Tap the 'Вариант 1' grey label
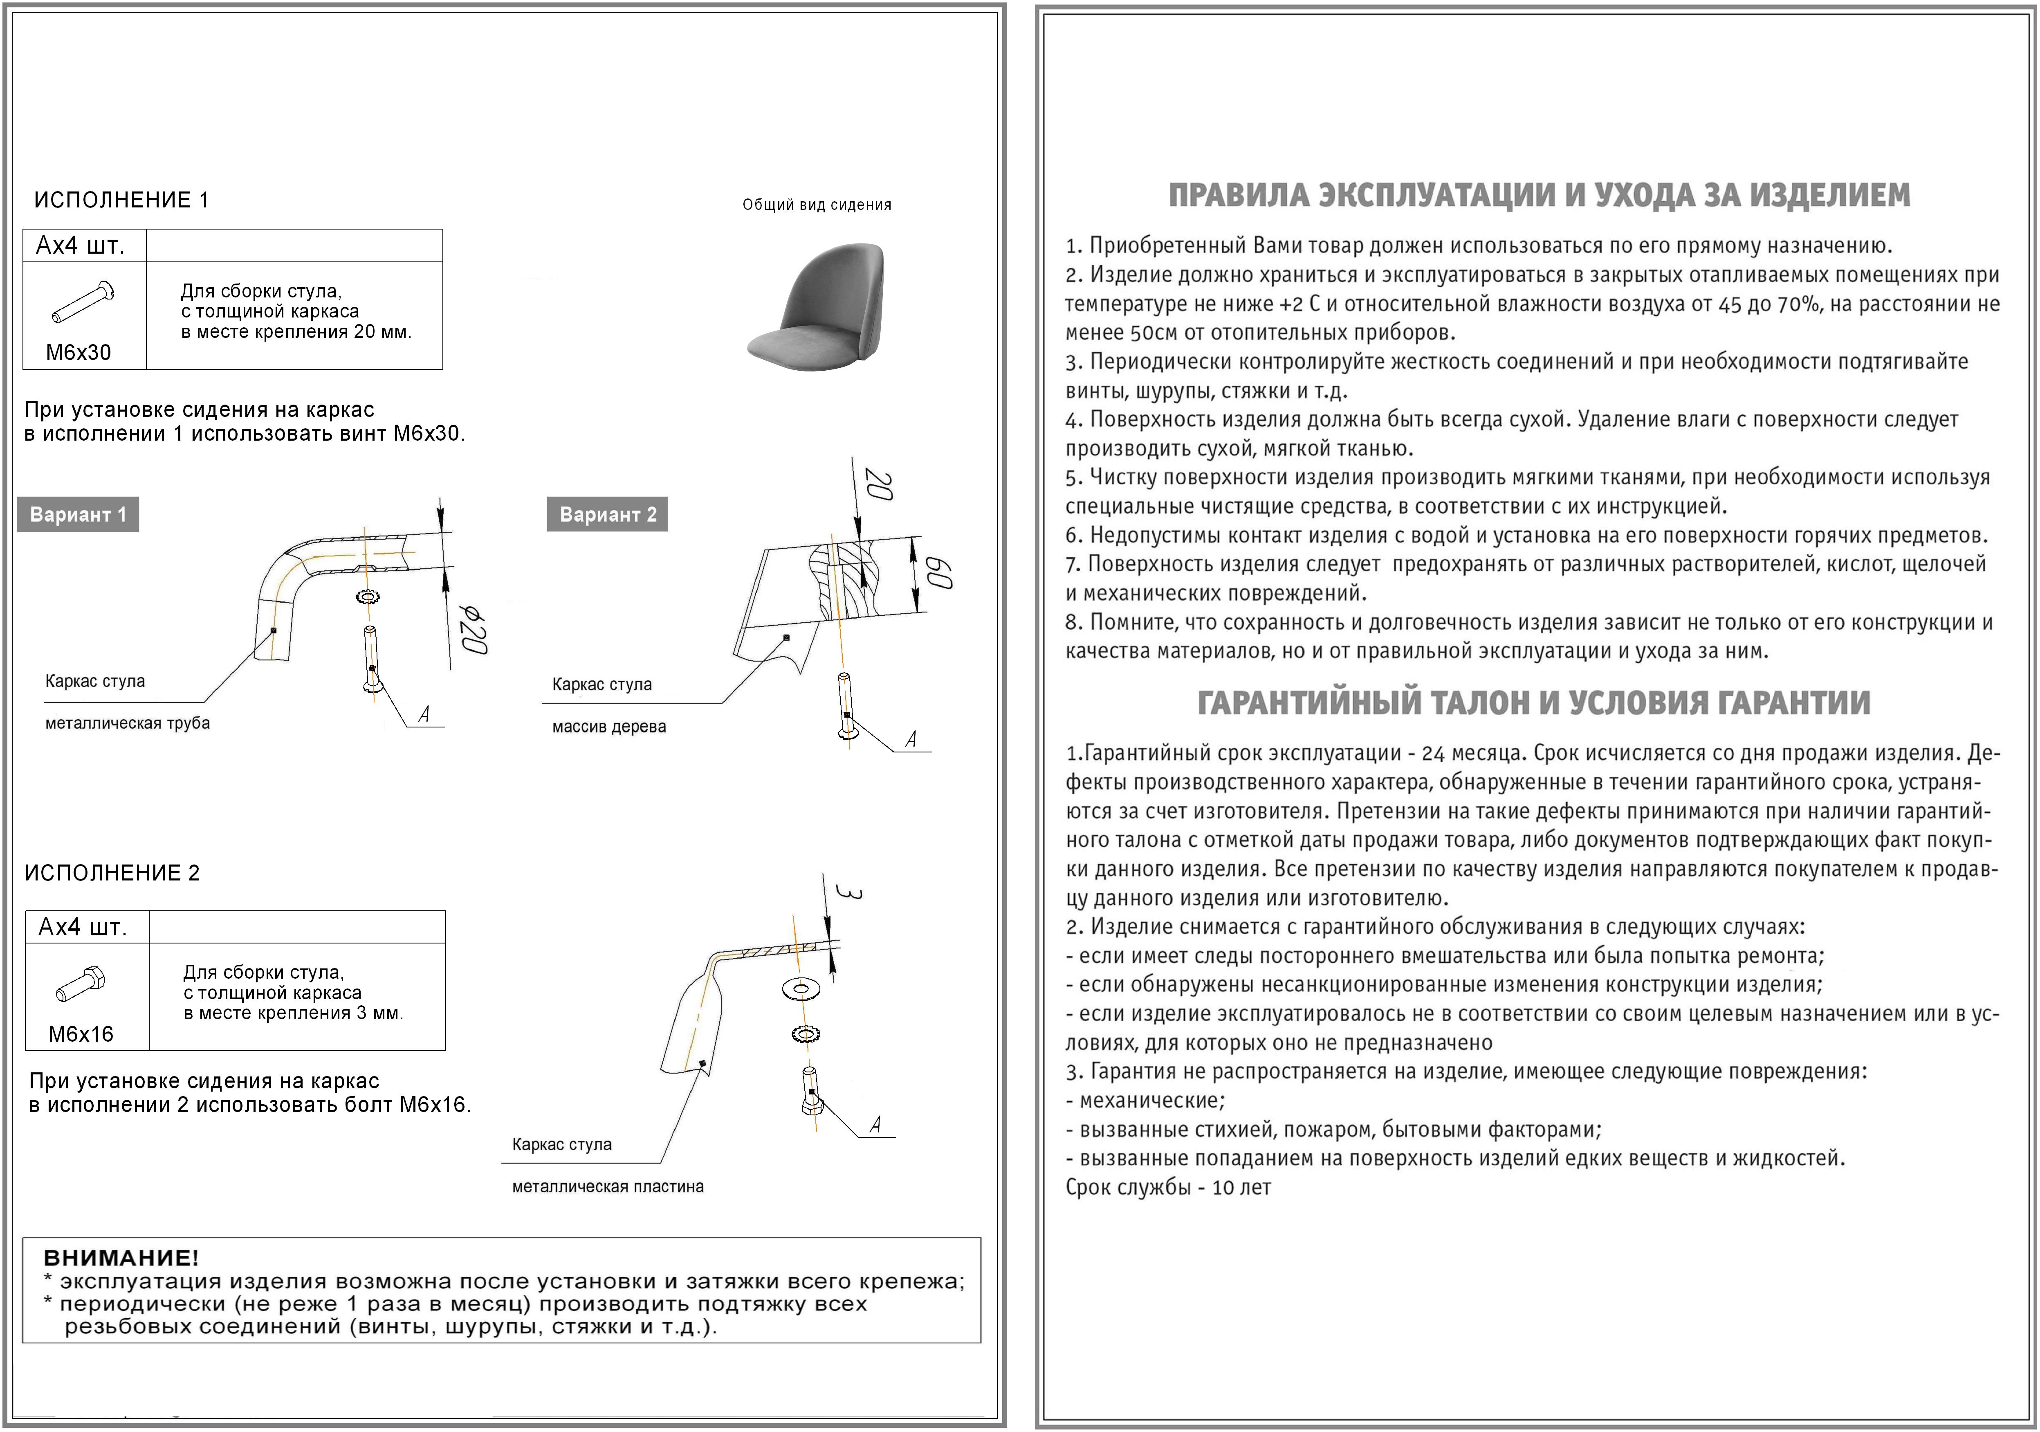pos(78,515)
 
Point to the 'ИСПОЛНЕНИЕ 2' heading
pos(112,873)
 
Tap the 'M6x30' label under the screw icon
pos(79,353)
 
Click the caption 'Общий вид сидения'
pos(817,205)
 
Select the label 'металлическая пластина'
pos(608,1187)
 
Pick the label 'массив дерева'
pos(608,727)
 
